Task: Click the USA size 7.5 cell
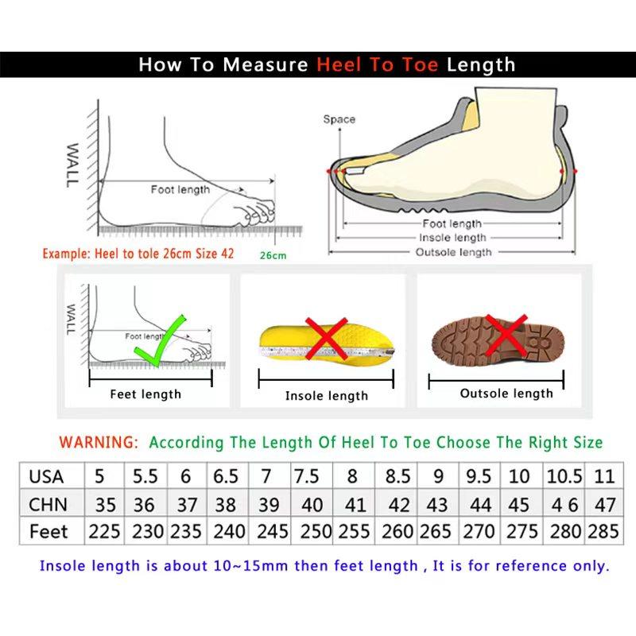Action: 307,477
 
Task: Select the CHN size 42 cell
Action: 399,504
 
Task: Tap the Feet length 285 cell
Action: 603,531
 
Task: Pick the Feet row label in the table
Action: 48,531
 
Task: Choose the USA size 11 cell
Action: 604,477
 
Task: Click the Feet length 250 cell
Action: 307,531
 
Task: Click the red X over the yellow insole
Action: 326,339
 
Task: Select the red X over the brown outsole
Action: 506,334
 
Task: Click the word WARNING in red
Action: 99,442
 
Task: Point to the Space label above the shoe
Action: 339,120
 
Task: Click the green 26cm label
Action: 273,255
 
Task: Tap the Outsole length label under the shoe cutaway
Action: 454,252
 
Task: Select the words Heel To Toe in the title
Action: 378,65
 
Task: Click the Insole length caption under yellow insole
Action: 326,396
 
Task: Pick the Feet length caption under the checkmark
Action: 145,394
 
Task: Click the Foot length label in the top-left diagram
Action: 180,189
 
